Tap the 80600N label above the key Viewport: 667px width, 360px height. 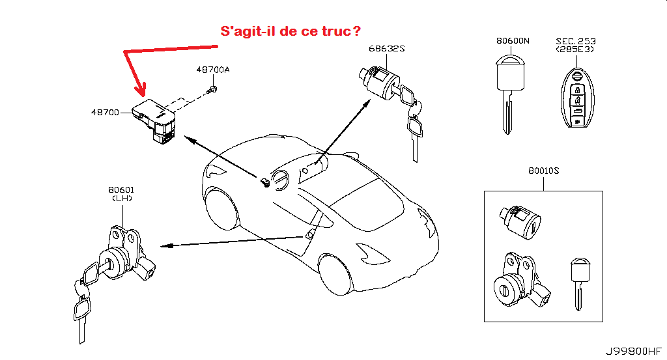tap(513, 40)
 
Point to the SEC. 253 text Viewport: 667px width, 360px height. tap(575, 40)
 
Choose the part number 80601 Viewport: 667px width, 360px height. tap(121, 190)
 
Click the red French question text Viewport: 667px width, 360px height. tap(291, 31)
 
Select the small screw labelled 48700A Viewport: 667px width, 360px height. tap(212, 90)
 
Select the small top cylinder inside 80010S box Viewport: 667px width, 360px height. tap(519, 220)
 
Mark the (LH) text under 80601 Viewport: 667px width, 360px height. tap(121, 199)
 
